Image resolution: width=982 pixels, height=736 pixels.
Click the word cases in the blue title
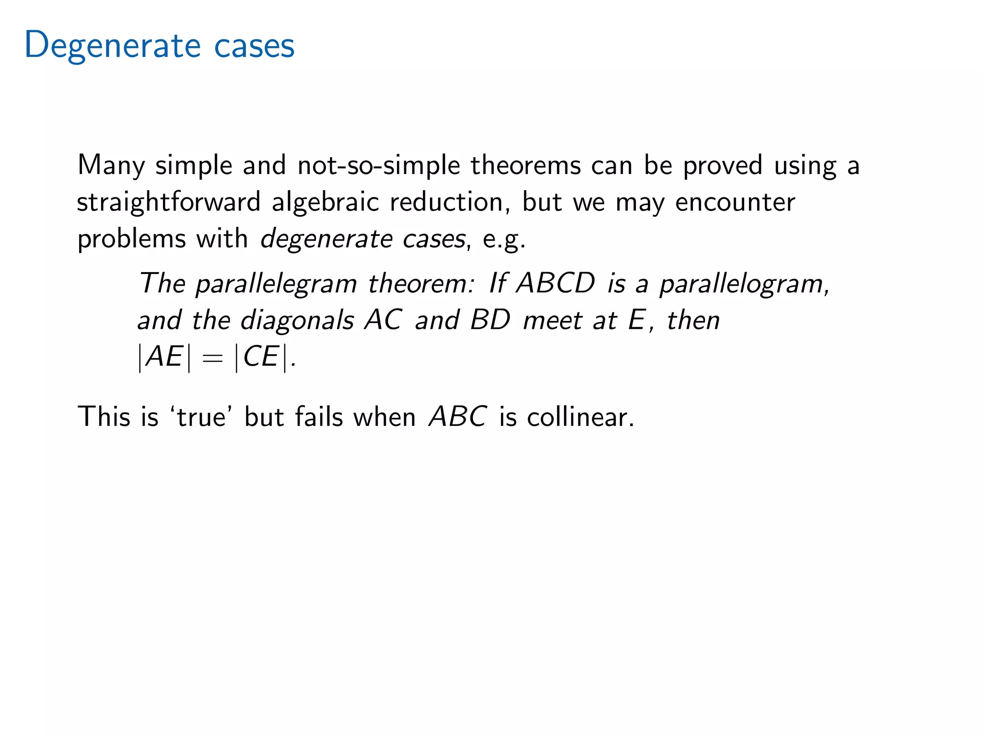254,46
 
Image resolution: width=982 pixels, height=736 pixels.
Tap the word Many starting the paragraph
111,166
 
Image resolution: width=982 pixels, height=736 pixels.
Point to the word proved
722,166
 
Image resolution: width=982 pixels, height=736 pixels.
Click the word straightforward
168,202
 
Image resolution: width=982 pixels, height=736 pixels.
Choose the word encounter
735,202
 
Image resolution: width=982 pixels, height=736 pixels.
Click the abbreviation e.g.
504,239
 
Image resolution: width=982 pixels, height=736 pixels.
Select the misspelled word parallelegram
276,284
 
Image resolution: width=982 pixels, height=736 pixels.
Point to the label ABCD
556,284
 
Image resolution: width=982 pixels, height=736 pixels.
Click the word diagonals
297,320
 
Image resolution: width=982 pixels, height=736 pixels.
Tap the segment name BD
490,320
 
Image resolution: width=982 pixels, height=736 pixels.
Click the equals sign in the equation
212,357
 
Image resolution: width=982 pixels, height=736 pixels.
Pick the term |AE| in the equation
164,357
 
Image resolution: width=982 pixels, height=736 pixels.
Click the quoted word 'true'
201,417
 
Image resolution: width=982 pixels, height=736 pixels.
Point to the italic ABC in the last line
458,417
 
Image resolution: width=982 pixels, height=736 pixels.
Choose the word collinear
580,417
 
